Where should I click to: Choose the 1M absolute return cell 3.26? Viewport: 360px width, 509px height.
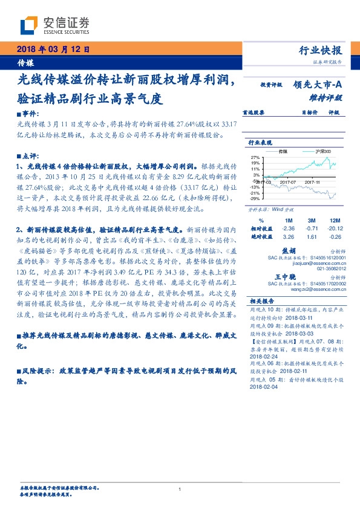click(x=289, y=237)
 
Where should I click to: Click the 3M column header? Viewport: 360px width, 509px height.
click(x=312, y=220)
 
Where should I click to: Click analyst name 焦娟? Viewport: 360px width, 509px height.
click(x=289, y=250)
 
